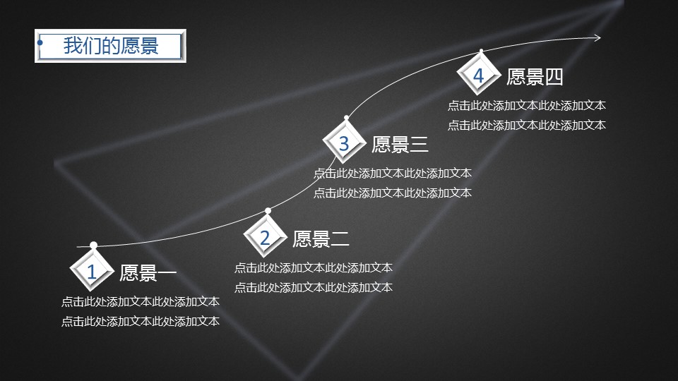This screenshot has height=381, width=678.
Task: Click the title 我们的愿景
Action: click(111, 45)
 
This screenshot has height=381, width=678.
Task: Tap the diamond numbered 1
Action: click(92, 271)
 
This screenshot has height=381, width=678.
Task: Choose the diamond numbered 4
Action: click(479, 75)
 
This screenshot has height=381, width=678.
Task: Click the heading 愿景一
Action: click(148, 273)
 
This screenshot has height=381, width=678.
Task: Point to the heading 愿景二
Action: click(321, 239)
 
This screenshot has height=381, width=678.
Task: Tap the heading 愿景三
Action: click(400, 144)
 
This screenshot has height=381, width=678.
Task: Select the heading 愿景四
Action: click(535, 77)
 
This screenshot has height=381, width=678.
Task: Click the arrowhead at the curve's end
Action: click(597, 38)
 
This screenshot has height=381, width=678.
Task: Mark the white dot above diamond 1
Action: click(93, 246)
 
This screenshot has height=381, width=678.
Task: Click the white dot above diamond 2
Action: click(268, 211)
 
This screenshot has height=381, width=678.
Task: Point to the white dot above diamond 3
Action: click(346, 118)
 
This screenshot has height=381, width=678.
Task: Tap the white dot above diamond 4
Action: click(481, 52)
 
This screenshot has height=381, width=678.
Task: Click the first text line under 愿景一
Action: click(141, 301)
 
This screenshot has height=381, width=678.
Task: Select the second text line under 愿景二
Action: click(314, 287)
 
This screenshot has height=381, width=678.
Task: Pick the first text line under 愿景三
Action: click(393, 174)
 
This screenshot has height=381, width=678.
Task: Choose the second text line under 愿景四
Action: click(527, 126)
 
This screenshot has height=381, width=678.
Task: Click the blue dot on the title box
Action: click(40, 43)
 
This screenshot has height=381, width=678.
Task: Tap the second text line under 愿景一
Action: click(141, 322)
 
